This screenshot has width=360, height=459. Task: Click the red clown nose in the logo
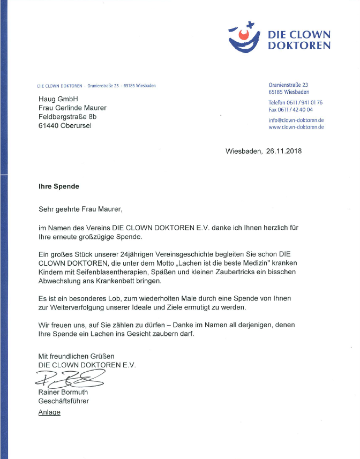tap(245, 36)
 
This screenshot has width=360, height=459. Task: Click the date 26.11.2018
tap(283, 151)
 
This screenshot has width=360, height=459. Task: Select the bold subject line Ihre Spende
tap(58, 187)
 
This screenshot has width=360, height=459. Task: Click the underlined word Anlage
tap(49, 412)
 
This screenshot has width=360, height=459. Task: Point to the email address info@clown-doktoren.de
tap(296, 120)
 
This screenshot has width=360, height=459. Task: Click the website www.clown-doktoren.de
tap(296, 127)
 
